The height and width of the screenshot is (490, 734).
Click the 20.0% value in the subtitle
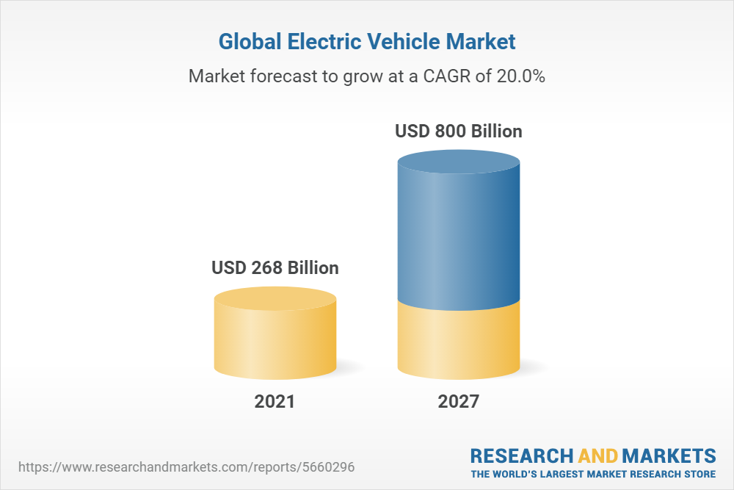tap(519, 76)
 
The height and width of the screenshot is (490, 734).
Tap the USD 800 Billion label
tap(459, 131)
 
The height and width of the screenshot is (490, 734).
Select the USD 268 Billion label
tap(275, 267)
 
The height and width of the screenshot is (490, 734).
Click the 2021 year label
tap(275, 401)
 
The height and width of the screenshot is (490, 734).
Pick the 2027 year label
tap(459, 401)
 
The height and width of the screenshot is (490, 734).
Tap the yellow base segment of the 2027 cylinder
tap(459, 342)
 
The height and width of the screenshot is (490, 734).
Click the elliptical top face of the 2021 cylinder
tap(275, 298)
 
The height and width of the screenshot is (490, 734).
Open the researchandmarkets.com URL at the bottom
tap(190, 466)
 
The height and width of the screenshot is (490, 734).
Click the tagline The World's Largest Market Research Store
tap(593, 473)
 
